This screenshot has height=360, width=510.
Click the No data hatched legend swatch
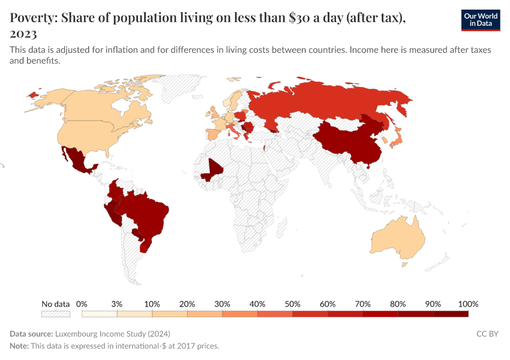[56, 314]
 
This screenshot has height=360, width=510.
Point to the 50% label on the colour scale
[292, 304]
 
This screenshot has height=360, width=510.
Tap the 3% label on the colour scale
[117, 304]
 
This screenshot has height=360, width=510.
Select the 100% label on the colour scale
[468, 304]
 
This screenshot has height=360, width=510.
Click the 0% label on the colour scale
[82, 304]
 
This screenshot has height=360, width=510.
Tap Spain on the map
[214, 133]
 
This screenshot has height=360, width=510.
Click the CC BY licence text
[487, 334]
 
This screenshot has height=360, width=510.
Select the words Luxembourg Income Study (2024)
[112, 334]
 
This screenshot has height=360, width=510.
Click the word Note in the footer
[19, 346]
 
